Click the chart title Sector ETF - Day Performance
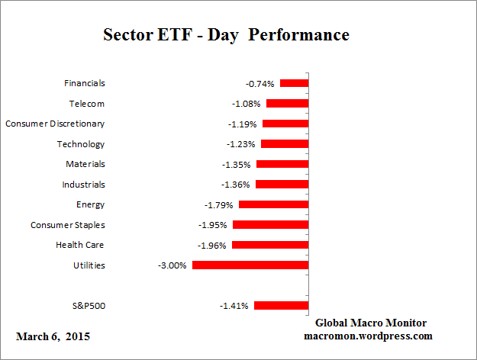coord(225,36)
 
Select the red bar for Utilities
coord(250,265)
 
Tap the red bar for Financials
coord(294,83)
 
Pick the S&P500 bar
coord(281,306)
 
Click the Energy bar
coord(273,204)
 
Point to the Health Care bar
coord(270,245)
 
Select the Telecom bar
coord(287,104)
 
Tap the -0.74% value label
coord(260,84)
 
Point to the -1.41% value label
coord(234,306)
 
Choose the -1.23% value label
coord(241,144)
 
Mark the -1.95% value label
coord(213,225)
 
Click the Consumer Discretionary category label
coord(55,124)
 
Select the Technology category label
coord(81,144)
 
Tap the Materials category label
coord(85,164)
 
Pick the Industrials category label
coord(83,185)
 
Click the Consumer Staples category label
coord(68,225)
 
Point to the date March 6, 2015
coord(53,336)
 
